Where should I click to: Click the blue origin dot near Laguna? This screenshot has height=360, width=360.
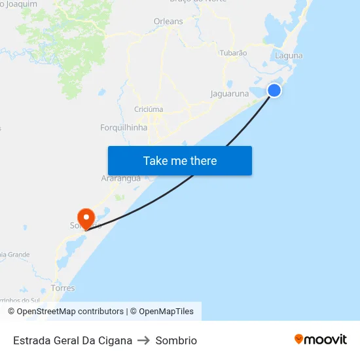[x=275, y=90]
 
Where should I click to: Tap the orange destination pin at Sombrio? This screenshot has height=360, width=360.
[x=86, y=217]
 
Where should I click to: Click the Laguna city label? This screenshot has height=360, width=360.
[x=289, y=56]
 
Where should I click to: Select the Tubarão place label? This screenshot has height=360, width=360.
[x=233, y=52]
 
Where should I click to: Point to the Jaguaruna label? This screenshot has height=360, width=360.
[x=230, y=94]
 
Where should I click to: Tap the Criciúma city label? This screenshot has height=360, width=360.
[x=149, y=109]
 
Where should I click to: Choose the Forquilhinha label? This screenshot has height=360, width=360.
[x=124, y=128]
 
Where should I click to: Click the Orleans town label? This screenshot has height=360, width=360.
[x=168, y=22]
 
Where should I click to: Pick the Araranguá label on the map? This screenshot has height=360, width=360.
[x=121, y=178]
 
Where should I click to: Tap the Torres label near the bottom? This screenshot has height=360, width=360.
[x=63, y=288]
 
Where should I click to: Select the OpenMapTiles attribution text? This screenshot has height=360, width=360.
[x=166, y=312]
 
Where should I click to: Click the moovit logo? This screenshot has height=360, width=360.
[x=320, y=339]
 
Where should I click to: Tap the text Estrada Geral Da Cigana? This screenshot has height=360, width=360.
[x=73, y=340]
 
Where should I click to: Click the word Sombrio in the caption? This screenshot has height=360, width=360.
[x=176, y=340]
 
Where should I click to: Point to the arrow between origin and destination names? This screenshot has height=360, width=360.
[x=144, y=340]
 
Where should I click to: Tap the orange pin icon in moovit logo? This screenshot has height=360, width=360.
[x=299, y=339]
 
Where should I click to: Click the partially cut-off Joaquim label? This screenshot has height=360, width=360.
[x=19, y=4]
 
